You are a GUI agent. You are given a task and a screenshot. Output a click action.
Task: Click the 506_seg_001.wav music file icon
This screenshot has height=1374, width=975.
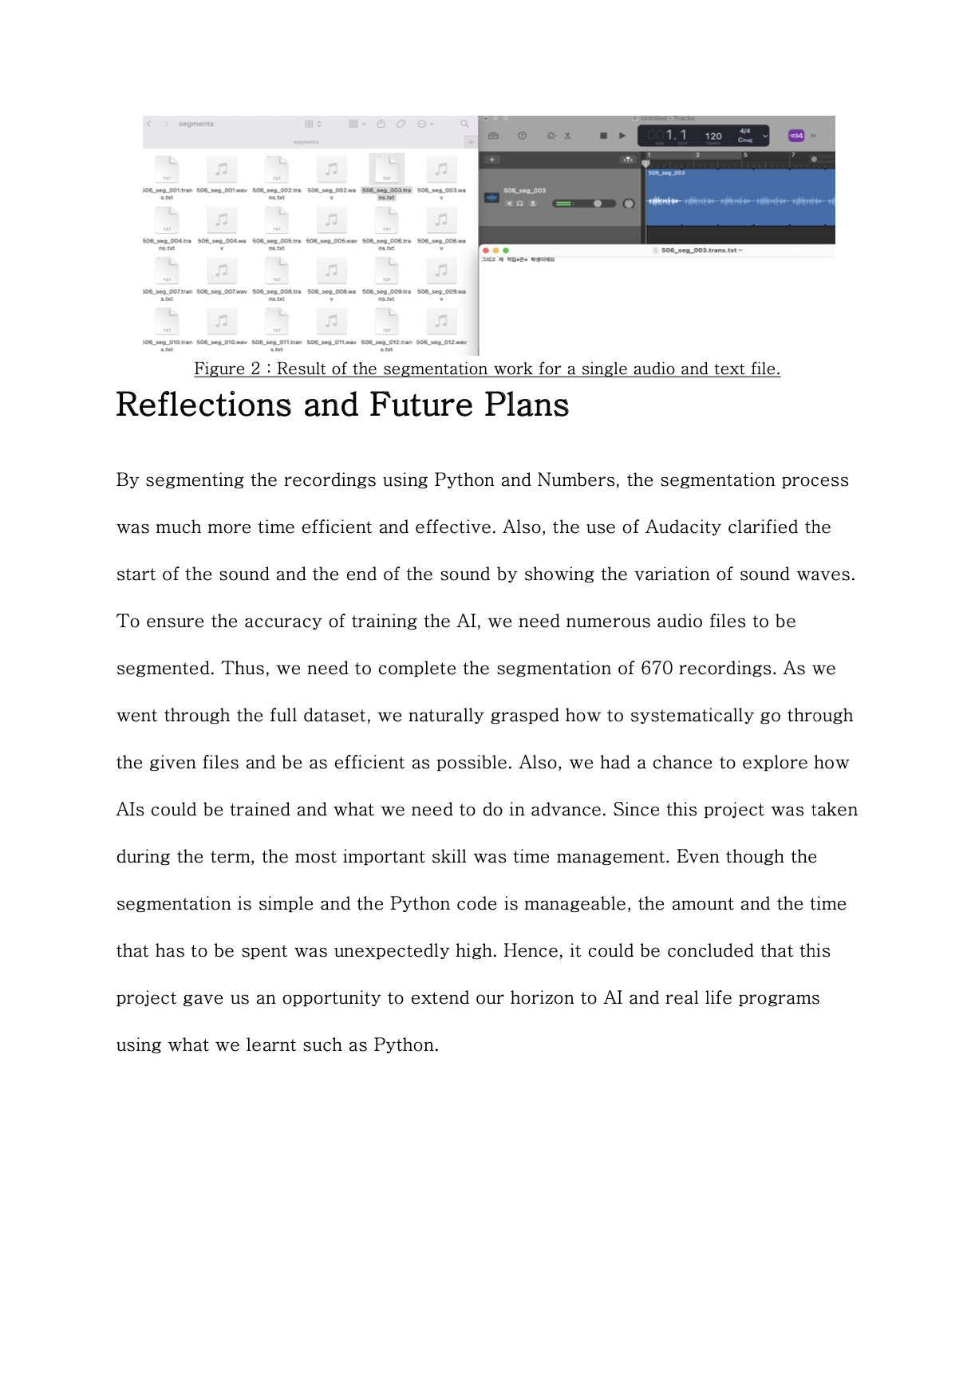[x=222, y=170]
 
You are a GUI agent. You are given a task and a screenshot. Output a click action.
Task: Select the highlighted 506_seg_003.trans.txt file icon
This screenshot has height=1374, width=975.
[x=387, y=169]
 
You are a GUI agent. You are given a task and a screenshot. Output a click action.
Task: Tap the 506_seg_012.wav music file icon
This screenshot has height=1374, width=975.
[x=441, y=322]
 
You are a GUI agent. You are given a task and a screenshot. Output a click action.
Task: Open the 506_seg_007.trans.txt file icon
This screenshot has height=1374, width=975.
[x=167, y=271]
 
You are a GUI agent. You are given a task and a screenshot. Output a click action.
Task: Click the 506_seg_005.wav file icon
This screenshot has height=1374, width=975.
[x=331, y=220]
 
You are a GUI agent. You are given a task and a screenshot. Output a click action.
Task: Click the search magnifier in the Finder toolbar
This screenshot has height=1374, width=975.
[x=464, y=124]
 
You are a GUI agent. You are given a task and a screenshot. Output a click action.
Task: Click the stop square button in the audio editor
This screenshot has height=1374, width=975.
[x=603, y=136]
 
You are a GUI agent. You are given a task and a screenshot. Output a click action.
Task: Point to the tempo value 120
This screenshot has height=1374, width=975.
[x=713, y=136]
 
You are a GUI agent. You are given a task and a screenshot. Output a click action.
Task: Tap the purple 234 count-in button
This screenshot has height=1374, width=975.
[x=796, y=136]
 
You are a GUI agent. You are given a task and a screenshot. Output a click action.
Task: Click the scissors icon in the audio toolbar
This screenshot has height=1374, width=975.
[x=568, y=136]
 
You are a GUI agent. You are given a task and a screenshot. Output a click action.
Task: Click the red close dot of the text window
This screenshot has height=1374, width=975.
[x=486, y=251]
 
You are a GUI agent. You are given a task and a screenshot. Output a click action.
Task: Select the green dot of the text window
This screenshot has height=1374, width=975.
[x=506, y=251]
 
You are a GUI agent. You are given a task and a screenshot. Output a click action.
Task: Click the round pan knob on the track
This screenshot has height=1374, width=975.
[x=629, y=203]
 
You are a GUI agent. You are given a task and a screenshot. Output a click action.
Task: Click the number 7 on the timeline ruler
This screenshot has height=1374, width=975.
[x=793, y=156]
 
